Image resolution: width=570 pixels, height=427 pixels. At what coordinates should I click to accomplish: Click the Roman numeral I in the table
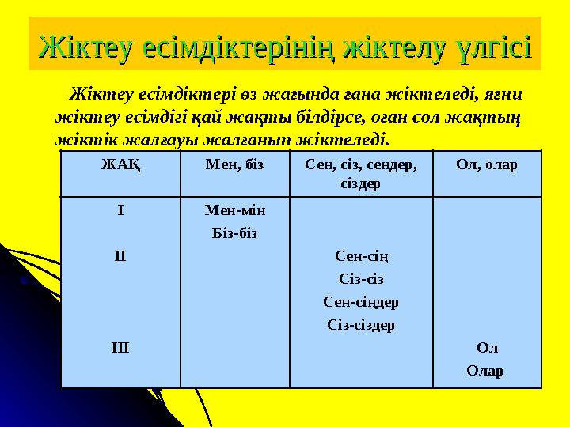tap(120, 211)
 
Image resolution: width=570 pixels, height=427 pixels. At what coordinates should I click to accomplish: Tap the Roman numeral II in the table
tap(120, 256)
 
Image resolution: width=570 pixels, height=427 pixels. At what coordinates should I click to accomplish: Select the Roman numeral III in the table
tap(120, 347)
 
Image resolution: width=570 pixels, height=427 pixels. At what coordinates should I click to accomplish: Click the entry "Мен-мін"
tap(234, 211)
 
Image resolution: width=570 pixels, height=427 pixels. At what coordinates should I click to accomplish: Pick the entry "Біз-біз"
tap(234, 233)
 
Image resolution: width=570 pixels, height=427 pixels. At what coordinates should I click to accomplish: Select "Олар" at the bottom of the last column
tap(487, 370)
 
